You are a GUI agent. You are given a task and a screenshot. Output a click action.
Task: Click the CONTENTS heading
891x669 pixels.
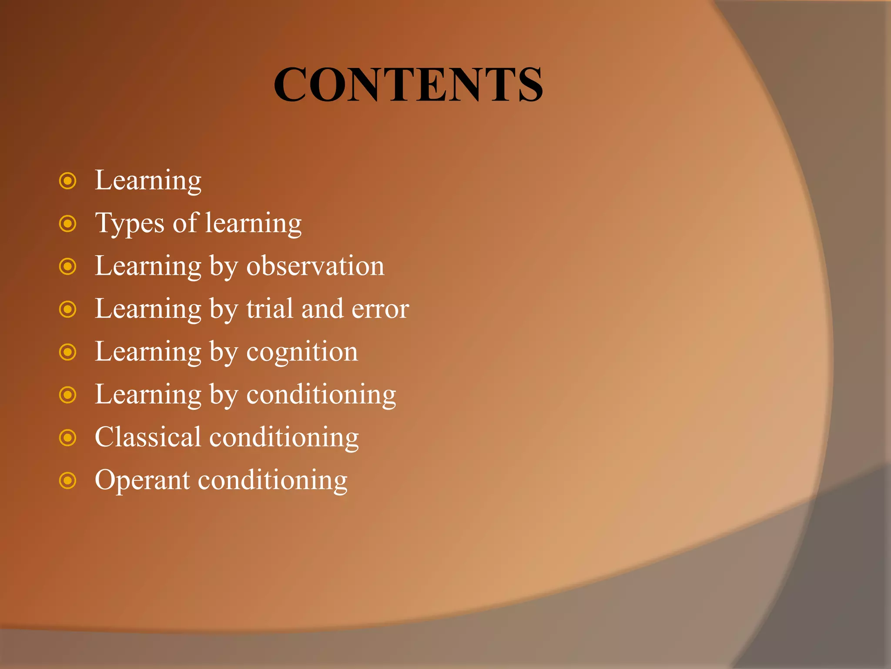point(408,84)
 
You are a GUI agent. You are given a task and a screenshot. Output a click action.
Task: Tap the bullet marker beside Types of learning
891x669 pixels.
point(68,224)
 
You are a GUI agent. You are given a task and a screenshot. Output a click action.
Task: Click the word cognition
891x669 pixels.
point(302,352)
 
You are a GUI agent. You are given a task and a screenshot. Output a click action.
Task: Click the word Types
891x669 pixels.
point(130,224)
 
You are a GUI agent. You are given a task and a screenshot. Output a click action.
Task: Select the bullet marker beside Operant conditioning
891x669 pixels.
point(68,481)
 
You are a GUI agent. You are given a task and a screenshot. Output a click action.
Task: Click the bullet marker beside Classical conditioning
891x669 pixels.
point(68,437)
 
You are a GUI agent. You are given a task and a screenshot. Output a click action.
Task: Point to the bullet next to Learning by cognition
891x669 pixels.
point(68,352)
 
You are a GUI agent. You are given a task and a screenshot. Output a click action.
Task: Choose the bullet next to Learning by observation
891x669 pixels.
point(68,266)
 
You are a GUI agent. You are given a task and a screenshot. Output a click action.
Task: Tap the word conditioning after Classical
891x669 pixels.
point(284,438)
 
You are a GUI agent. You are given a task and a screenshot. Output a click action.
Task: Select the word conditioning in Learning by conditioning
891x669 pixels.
point(321,395)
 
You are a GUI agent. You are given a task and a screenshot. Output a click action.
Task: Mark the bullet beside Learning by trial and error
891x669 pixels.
point(68,309)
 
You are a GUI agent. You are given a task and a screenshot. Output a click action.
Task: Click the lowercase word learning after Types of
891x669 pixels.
point(253,224)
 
